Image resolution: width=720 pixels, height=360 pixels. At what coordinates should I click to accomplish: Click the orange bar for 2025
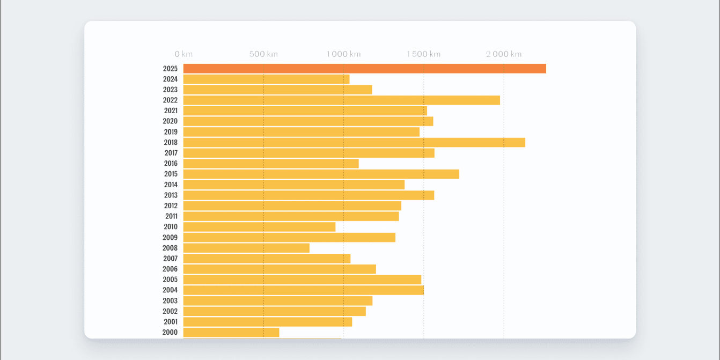pos(364,69)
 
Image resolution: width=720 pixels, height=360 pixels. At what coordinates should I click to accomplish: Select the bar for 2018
pos(354,143)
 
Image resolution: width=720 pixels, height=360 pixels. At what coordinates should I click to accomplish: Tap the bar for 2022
pos(341,100)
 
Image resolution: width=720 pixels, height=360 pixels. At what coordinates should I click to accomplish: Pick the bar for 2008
pos(246,248)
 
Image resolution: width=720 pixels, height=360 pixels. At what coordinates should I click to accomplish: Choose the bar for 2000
pos(231,333)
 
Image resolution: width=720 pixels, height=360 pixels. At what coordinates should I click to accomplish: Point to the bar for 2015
pos(321,174)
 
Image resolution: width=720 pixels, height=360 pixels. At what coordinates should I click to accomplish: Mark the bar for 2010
pos(259,227)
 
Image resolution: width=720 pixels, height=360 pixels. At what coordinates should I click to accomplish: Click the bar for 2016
pos(271,164)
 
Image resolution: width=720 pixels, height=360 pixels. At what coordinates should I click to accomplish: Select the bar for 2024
pos(266,79)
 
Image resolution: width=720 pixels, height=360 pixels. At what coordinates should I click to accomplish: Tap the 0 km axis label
pos(183,54)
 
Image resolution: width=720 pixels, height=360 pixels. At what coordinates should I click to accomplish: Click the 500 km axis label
pos(263,54)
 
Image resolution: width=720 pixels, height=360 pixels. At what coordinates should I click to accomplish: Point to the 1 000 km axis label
pos(343,54)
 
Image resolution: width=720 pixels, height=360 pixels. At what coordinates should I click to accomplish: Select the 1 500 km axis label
pos(423,54)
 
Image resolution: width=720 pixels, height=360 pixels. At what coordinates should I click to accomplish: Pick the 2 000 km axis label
pos(503,54)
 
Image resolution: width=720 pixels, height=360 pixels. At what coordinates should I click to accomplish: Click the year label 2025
pos(170,69)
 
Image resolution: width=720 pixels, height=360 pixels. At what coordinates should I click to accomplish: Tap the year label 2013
pos(171,195)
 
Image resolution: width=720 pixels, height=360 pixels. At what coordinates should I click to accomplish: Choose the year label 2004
pos(170,290)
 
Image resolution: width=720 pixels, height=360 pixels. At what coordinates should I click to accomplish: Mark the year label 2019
pos(171,132)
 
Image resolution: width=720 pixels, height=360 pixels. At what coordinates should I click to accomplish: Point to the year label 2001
pos(171,322)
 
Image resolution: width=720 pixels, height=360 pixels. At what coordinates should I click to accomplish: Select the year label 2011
pos(171,216)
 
